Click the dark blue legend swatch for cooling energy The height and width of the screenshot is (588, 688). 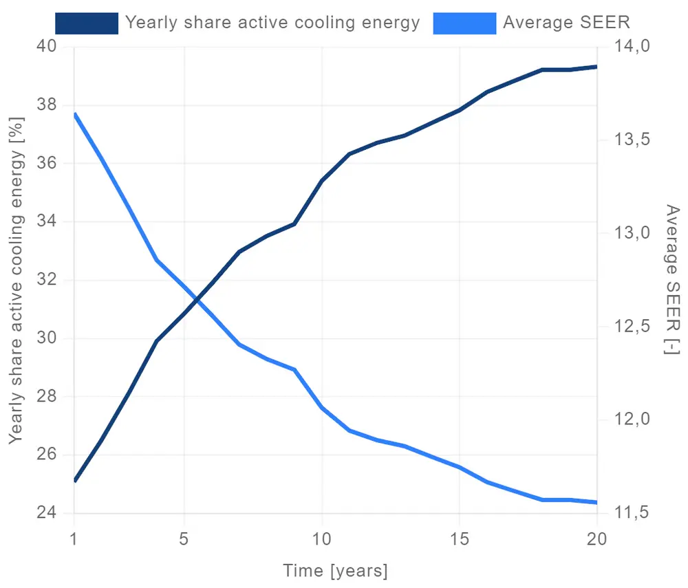[x=87, y=23]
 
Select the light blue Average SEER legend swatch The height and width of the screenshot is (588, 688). [x=464, y=23]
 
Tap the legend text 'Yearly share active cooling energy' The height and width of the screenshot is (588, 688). [x=272, y=23]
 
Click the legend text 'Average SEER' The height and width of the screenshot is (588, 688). [x=566, y=23]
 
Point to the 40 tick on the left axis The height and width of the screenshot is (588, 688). [x=49, y=47]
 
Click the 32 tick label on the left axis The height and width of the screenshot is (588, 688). [x=49, y=281]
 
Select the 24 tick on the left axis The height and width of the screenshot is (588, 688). [x=49, y=514]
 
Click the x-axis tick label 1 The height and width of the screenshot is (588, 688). [x=74, y=538]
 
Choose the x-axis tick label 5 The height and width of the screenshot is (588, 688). [x=184, y=538]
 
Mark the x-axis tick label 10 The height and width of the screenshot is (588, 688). [x=321, y=538]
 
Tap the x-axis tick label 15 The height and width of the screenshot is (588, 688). [x=459, y=538]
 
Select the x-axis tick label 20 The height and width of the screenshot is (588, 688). [x=596, y=538]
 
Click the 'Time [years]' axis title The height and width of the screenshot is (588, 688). [x=335, y=571]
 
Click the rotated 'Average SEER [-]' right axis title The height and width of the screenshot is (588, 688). [x=671, y=280]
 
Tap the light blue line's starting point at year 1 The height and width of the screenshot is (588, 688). [x=74, y=114]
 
